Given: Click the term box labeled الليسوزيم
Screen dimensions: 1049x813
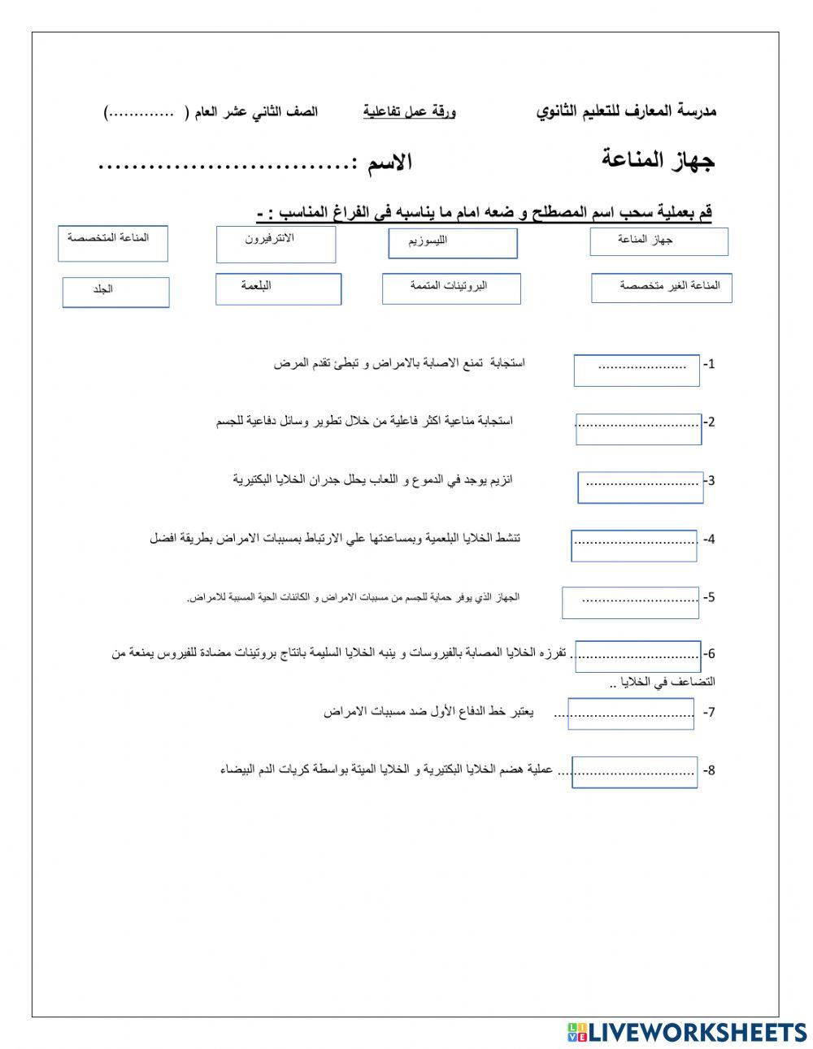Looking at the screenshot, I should (x=452, y=243).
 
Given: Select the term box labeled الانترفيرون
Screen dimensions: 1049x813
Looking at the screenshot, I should (x=276, y=244).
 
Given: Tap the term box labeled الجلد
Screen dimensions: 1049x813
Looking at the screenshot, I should (x=115, y=292).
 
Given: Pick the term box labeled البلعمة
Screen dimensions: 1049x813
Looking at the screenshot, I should (x=278, y=288).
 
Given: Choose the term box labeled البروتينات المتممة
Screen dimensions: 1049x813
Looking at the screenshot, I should (x=451, y=288).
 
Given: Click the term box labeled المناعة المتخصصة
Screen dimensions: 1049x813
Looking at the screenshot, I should (x=112, y=244).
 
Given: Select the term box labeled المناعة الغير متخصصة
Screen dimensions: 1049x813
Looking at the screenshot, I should (x=661, y=288).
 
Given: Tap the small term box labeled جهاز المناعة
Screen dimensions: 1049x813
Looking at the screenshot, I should (x=659, y=241).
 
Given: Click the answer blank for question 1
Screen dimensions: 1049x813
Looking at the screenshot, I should (x=637, y=370).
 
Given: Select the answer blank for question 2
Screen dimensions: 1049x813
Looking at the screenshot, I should (x=638, y=428).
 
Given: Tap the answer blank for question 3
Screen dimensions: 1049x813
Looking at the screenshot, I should (x=641, y=487).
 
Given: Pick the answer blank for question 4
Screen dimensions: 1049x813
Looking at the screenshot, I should (x=634, y=545).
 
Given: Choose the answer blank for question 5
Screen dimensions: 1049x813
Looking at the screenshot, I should (x=630, y=602).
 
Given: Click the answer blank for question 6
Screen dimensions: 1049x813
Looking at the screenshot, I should (x=637, y=656).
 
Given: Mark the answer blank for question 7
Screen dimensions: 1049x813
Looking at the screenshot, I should (x=631, y=714).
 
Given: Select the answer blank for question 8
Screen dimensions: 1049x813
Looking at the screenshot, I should (x=634, y=772).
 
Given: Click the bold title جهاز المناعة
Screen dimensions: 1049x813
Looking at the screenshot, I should (x=658, y=159).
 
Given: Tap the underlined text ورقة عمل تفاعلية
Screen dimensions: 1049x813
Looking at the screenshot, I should (x=409, y=111).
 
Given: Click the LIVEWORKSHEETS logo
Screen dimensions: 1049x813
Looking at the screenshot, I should (x=686, y=1032).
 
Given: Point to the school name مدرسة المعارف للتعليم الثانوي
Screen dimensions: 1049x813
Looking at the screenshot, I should (x=626, y=111).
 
